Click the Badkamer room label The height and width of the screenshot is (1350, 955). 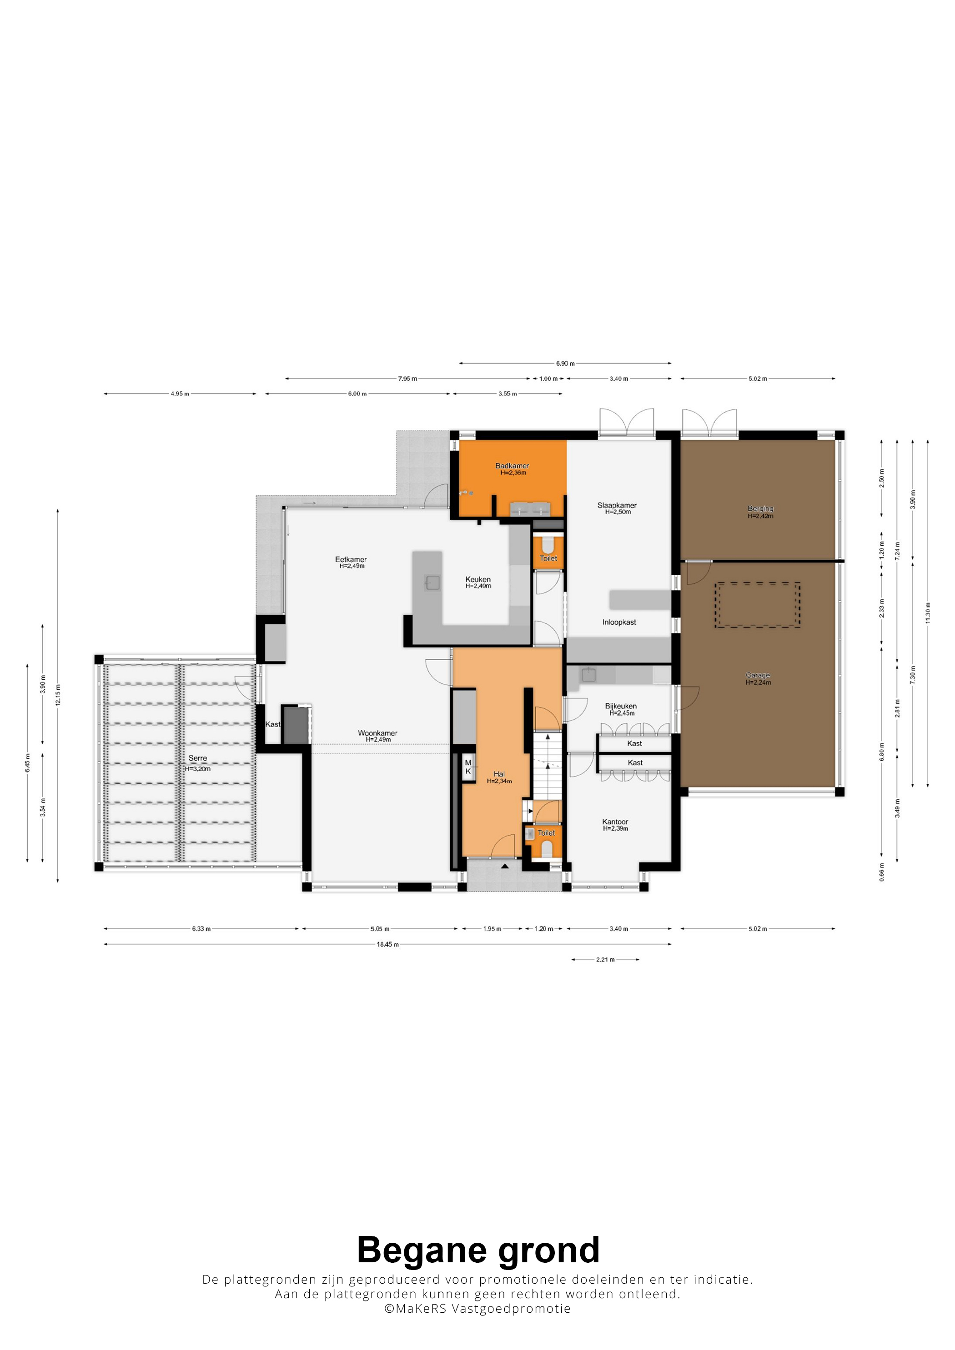512,466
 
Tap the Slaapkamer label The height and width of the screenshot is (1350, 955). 617,505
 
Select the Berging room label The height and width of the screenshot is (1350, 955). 760,508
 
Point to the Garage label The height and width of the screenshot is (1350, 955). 758,675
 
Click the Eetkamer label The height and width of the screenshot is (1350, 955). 351,559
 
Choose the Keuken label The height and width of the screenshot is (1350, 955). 478,579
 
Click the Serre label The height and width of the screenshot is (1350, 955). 198,758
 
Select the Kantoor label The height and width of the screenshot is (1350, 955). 615,822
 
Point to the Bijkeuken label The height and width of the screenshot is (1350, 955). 621,706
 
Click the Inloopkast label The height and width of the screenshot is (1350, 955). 619,622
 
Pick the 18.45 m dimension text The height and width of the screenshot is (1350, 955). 388,944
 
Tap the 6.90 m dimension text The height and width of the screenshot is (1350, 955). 565,364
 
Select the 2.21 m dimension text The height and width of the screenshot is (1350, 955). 605,960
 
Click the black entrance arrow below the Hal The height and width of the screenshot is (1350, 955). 505,866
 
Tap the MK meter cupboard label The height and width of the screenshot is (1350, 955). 468,767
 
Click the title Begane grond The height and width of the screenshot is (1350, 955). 478,1250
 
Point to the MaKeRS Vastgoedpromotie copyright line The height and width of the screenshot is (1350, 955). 477,1308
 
